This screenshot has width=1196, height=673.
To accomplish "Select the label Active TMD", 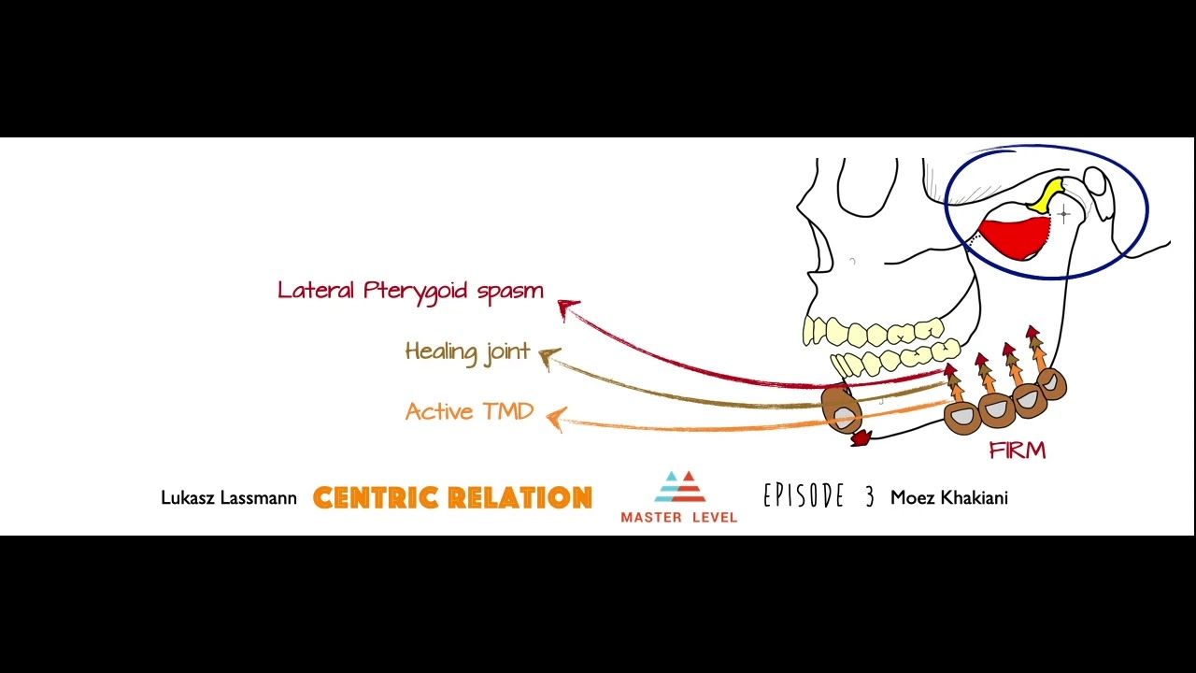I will tap(469, 411).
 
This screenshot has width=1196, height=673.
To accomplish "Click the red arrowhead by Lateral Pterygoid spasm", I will tap(566, 307).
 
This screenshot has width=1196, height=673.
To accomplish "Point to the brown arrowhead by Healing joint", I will tap(548, 357).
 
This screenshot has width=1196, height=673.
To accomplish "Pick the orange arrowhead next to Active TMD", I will tap(556, 418).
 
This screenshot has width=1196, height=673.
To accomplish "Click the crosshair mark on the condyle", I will tap(1063, 215).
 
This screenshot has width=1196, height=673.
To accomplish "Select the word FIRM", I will tap(1017, 451).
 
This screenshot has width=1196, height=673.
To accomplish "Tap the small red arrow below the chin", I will tap(861, 436).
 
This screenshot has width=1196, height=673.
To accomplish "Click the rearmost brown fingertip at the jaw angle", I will tap(1052, 382).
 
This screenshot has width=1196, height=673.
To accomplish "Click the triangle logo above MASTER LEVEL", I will tap(678, 487).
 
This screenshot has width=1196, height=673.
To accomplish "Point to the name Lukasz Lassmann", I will tap(228, 498).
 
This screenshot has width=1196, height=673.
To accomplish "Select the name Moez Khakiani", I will tap(948, 497).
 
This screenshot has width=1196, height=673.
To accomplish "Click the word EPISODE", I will tap(804, 496).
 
